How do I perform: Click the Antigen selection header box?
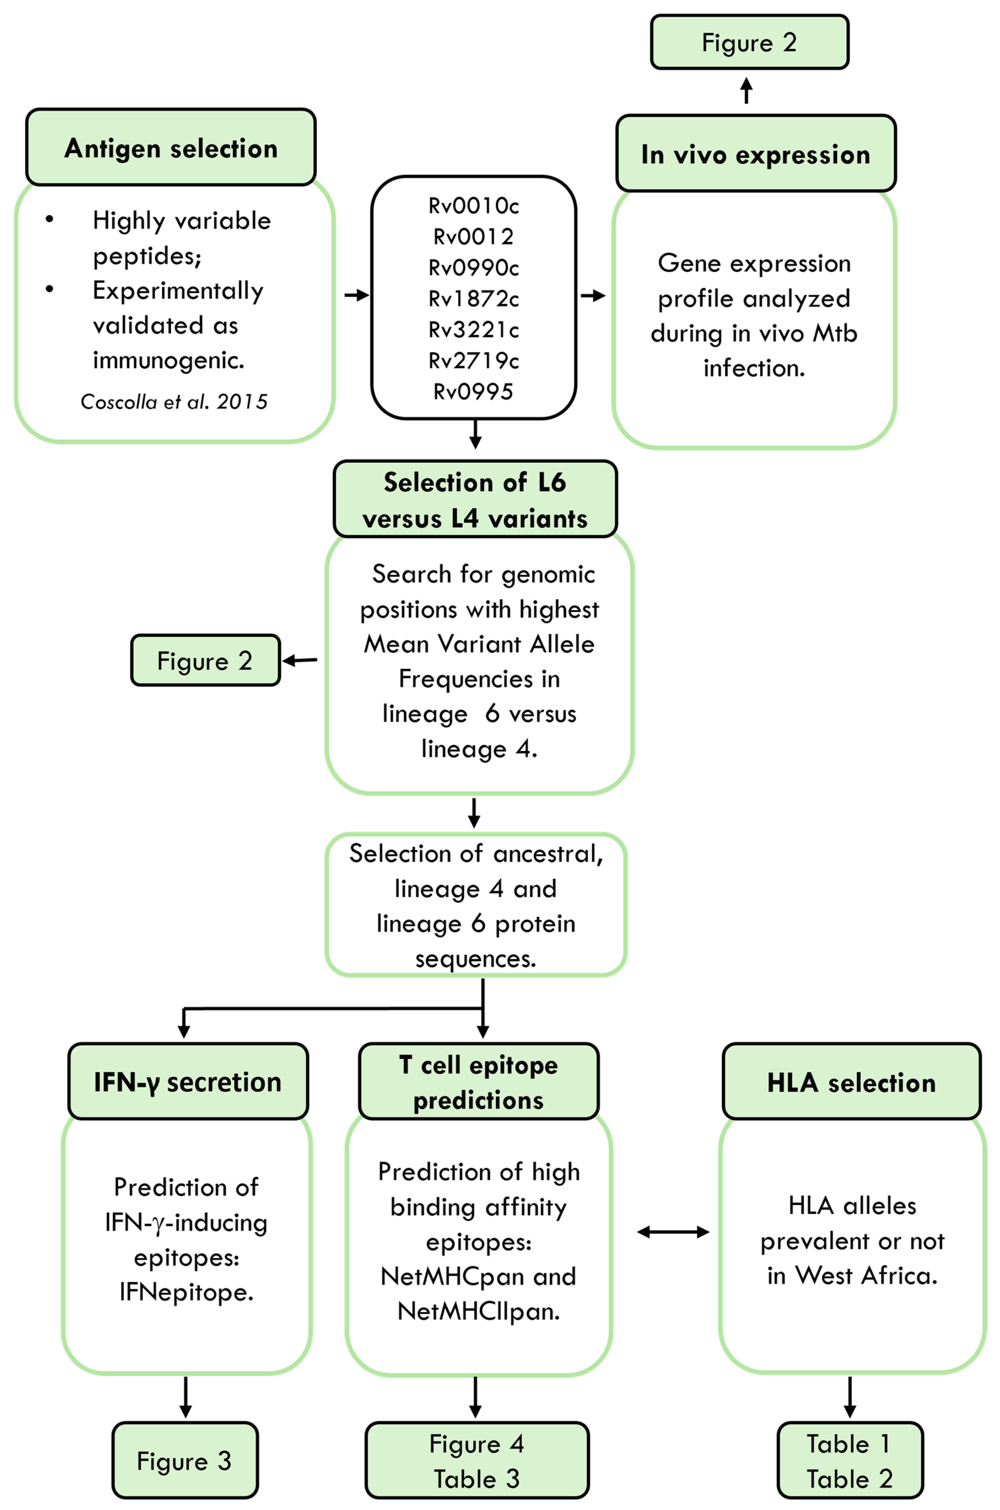tap(171, 147)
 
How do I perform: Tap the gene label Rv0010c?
tap(474, 206)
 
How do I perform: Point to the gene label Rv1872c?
tap(474, 299)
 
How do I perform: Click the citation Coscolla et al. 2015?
tap(174, 402)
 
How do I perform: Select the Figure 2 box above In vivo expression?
tap(749, 42)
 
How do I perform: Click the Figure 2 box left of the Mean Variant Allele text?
tap(205, 660)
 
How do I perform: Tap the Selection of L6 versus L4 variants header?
tap(475, 500)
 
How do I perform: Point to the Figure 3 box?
tap(185, 1460)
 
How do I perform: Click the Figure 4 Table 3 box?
tap(477, 1460)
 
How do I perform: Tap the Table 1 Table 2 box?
tap(850, 1460)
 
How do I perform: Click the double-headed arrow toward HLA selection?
tap(673, 1232)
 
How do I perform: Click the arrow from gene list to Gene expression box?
tap(593, 296)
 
